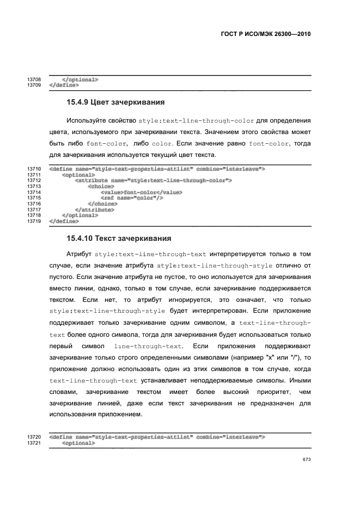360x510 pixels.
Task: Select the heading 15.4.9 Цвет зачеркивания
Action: click(115, 102)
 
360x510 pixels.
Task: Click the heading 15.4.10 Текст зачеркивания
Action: click(119, 238)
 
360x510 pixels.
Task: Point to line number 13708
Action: click(34, 80)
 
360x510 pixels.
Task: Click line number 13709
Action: click(34, 85)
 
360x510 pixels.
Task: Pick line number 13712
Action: click(34, 180)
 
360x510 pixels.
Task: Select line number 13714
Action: click(34, 192)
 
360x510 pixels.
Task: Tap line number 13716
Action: click(34, 204)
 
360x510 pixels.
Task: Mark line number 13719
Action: click(34, 221)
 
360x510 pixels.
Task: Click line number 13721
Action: click(34, 443)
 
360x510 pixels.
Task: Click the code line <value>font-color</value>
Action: click(141, 192)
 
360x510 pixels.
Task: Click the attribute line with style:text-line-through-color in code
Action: click(154, 180)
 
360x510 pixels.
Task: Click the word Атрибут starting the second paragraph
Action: click(79, 254)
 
